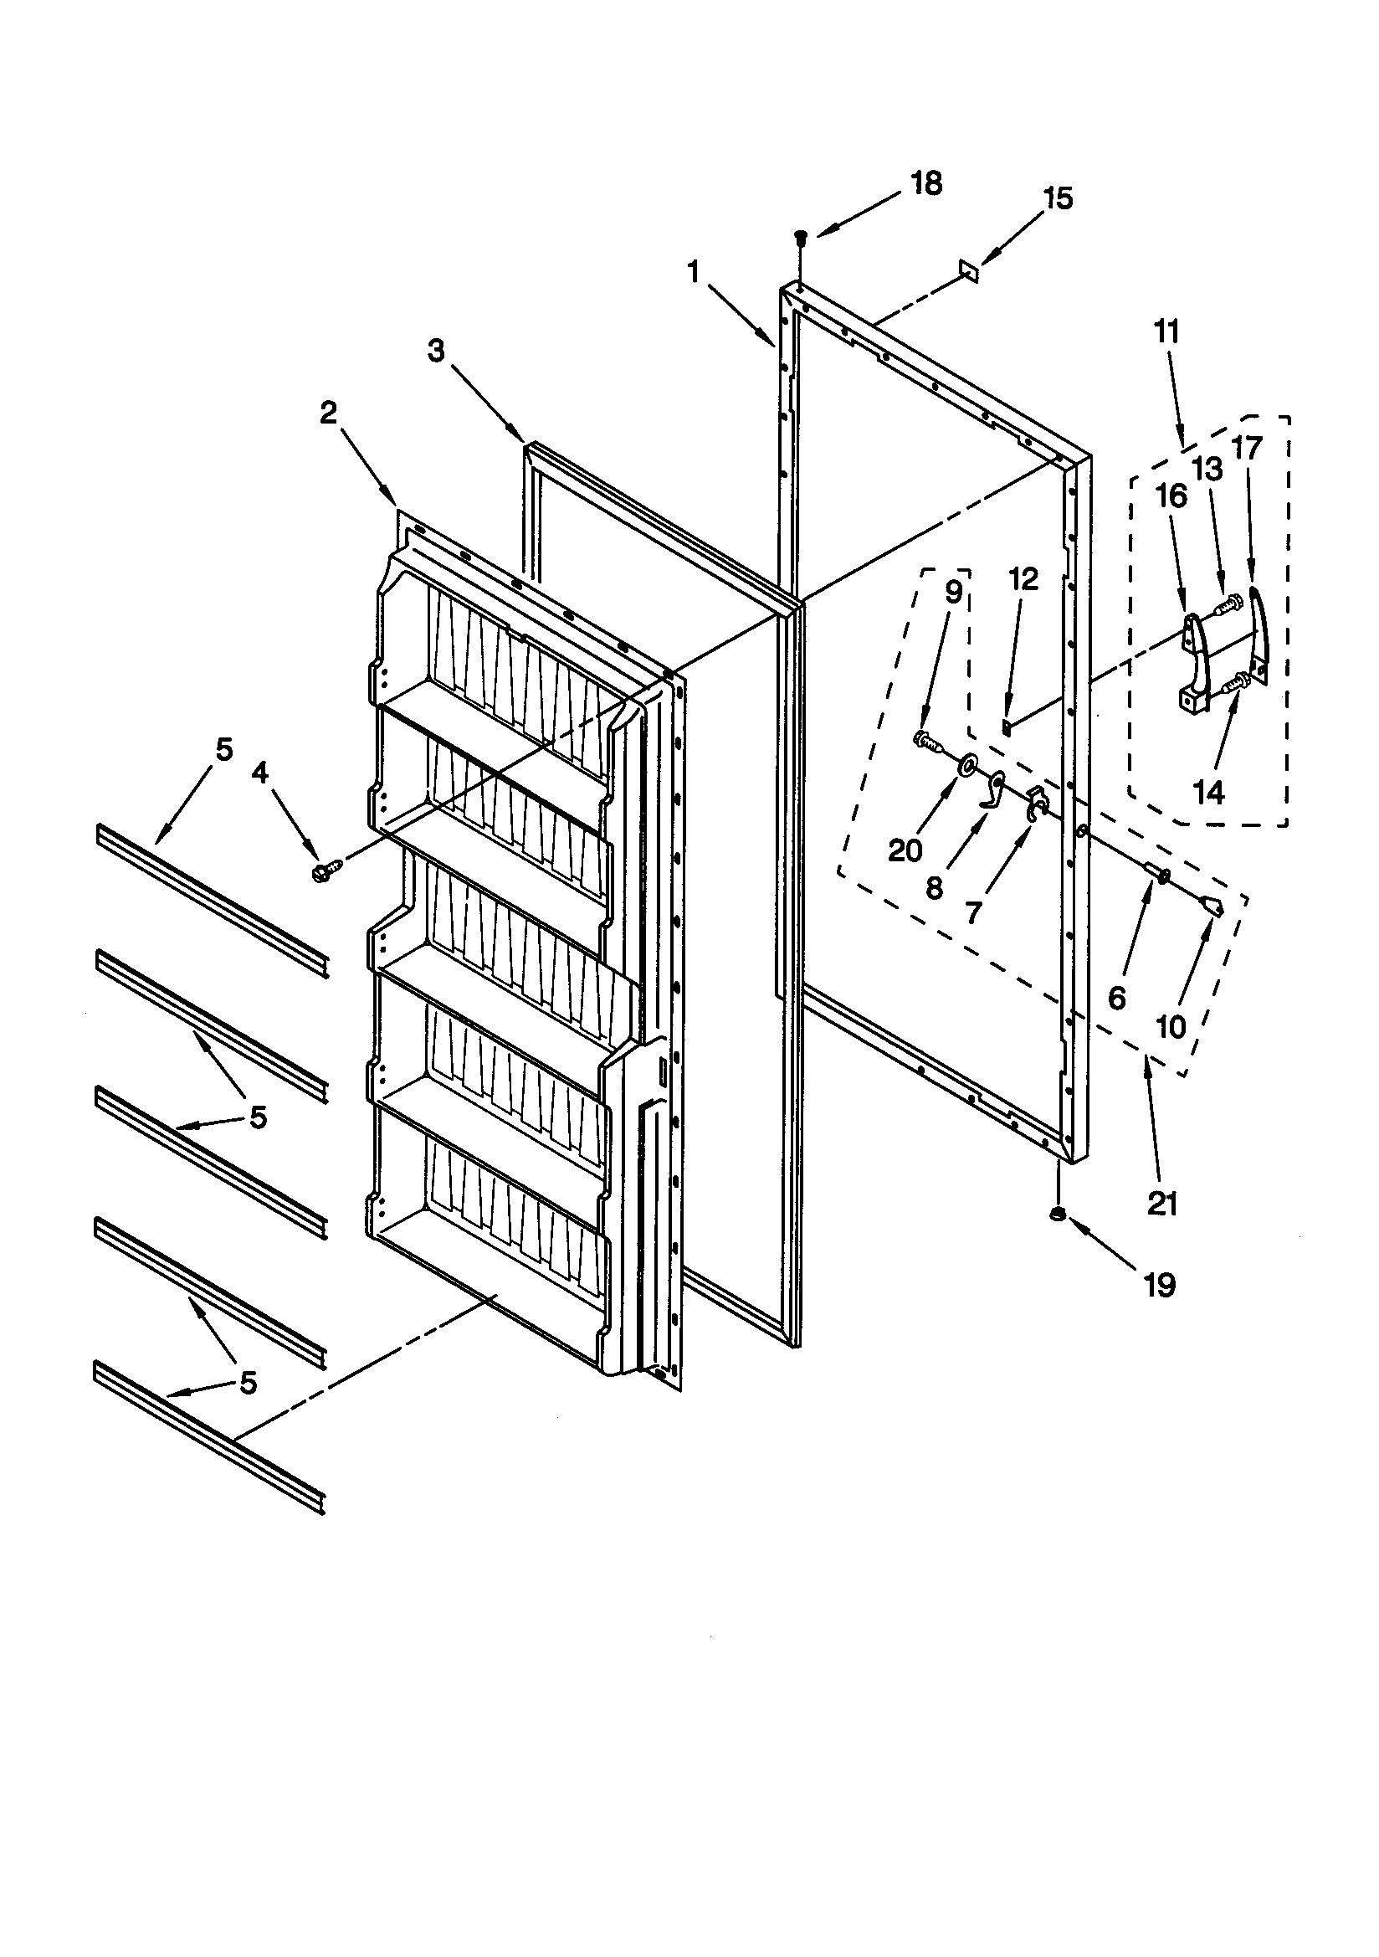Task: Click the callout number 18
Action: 926,183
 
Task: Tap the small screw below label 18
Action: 800,237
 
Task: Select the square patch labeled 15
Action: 967,271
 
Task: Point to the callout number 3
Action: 435,351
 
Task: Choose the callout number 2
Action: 329,413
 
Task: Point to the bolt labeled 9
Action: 928,741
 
